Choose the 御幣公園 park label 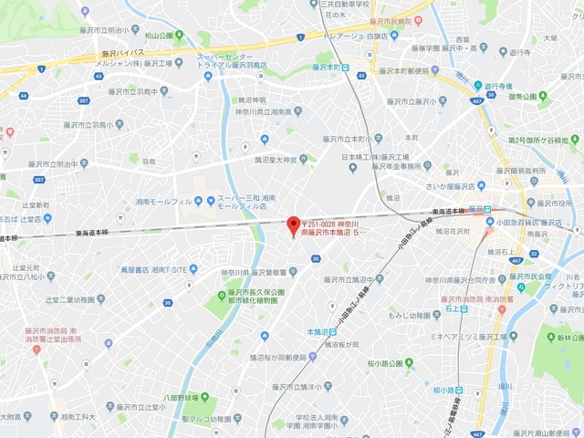pos(527,97)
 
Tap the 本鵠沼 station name pos(318,331)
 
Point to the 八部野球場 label pos(187,398)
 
